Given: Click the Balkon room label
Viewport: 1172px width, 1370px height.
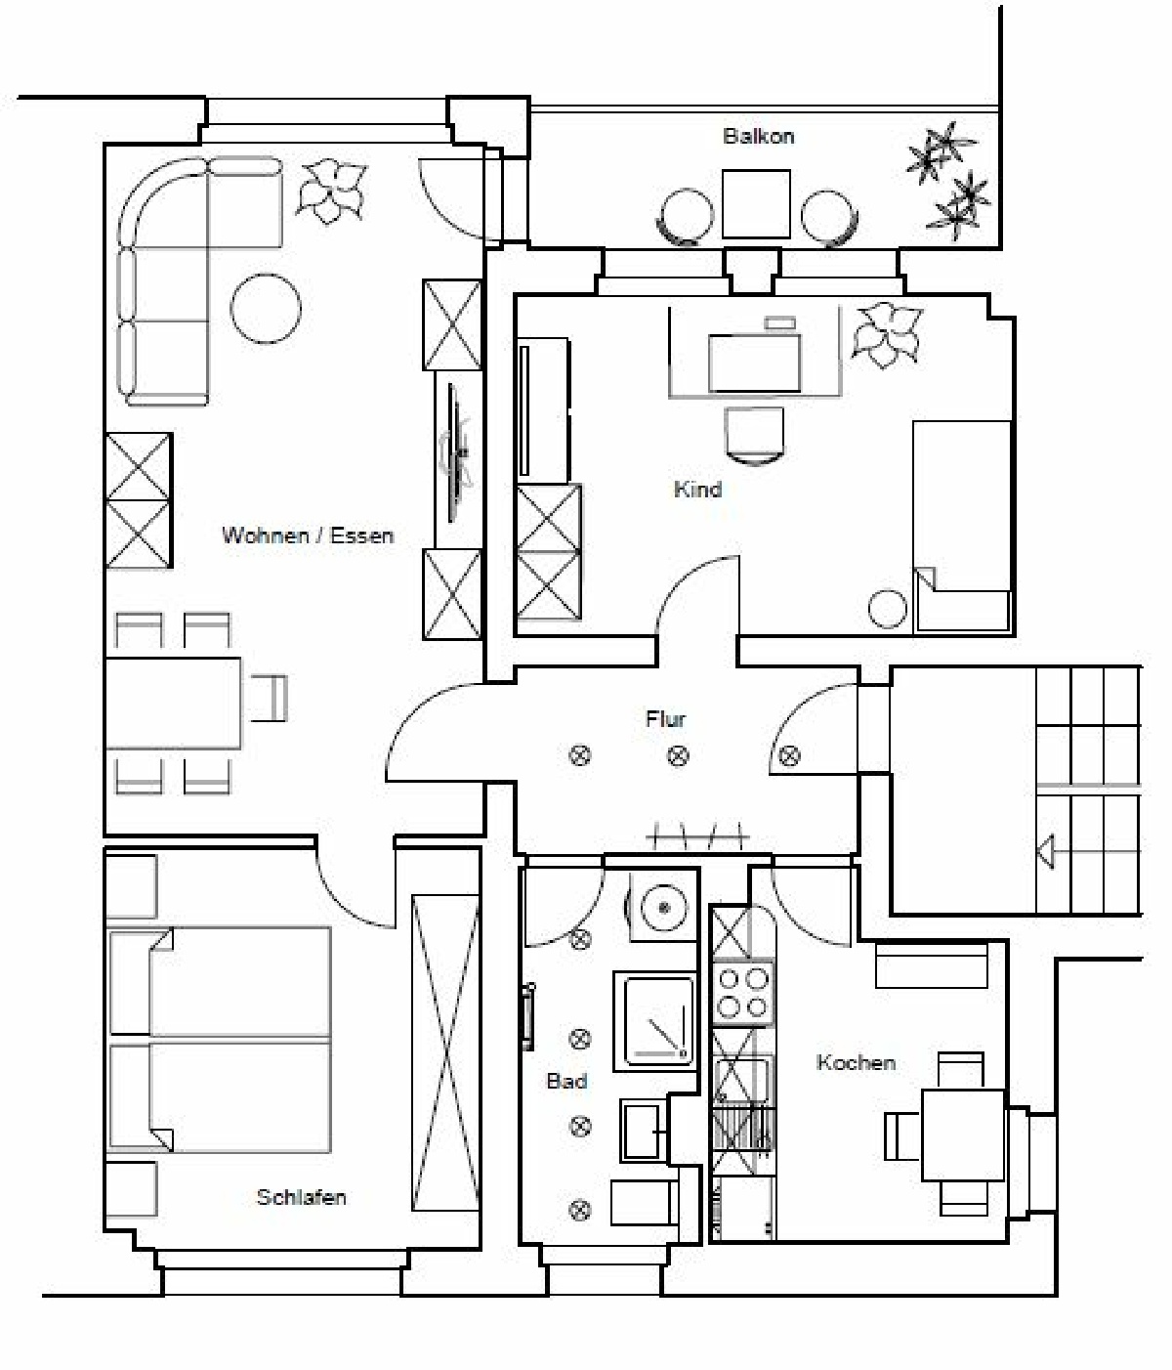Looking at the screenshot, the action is click(758, 137).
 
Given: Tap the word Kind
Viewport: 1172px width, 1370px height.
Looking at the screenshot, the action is click(697, 490).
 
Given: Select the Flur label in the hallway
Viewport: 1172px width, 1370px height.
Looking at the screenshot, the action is click(666, 718).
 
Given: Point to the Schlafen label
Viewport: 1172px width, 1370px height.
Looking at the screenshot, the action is click(302, 1197).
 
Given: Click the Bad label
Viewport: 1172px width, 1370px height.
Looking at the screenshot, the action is click(567, 1081).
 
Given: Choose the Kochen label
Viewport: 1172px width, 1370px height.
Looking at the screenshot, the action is click(856, 1062).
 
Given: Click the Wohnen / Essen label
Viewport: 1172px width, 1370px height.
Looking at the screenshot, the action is click(308, 535).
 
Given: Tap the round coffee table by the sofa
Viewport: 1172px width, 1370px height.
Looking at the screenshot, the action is click(266, 309).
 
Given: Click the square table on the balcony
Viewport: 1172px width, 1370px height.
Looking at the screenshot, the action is click(756, 203).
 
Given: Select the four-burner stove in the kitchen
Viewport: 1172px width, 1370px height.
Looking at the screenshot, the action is click(742, 992).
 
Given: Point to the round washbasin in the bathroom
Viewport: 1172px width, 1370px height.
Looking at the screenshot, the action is click(663, 908).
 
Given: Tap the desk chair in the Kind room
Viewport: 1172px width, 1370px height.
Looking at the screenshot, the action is click(755, 435).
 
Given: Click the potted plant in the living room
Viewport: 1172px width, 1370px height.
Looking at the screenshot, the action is click(331, 191).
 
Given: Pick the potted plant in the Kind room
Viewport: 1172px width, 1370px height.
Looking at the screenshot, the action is click(887, 334).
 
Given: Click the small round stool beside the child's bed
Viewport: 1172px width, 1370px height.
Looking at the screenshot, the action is click(887, 609).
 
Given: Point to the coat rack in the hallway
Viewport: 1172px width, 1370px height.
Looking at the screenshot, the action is click(697, 837).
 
